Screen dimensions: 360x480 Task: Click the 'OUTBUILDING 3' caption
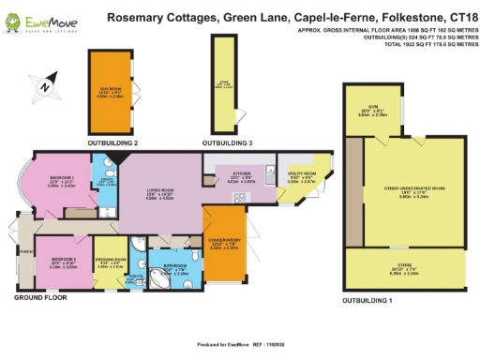click(229, 142)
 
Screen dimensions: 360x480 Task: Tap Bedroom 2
click(64, 262)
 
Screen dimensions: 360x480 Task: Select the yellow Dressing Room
click(112, 263)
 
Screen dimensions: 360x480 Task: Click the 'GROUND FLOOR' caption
click(42, 297)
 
